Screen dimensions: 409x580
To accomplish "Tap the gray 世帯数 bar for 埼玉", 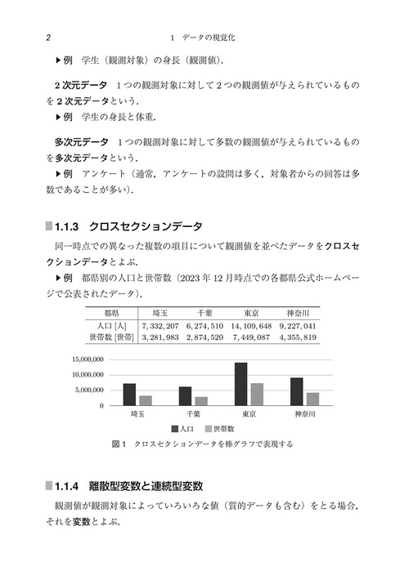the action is [146, 400].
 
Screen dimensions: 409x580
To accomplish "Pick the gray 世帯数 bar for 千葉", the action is [201, 401].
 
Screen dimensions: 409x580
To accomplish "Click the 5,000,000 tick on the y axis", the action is [92, 390].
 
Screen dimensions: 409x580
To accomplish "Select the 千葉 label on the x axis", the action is [193, 414].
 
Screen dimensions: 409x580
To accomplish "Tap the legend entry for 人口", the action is [182, 428].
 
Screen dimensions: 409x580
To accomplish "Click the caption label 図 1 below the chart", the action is [115, 444].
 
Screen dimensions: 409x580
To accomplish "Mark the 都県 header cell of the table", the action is [110, 314].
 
